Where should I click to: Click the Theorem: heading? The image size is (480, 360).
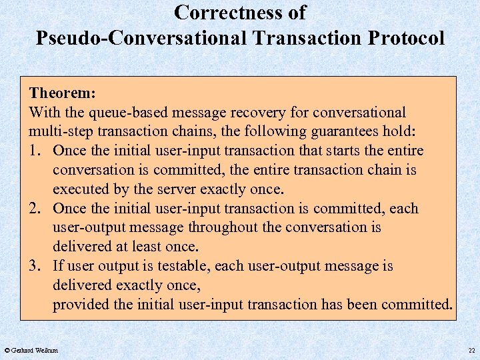[x=61, y=93]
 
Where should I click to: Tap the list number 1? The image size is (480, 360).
[x=35, y=151]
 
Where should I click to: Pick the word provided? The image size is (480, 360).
[x=80, y=305]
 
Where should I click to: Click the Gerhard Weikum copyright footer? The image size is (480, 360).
[x=31, y=350]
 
